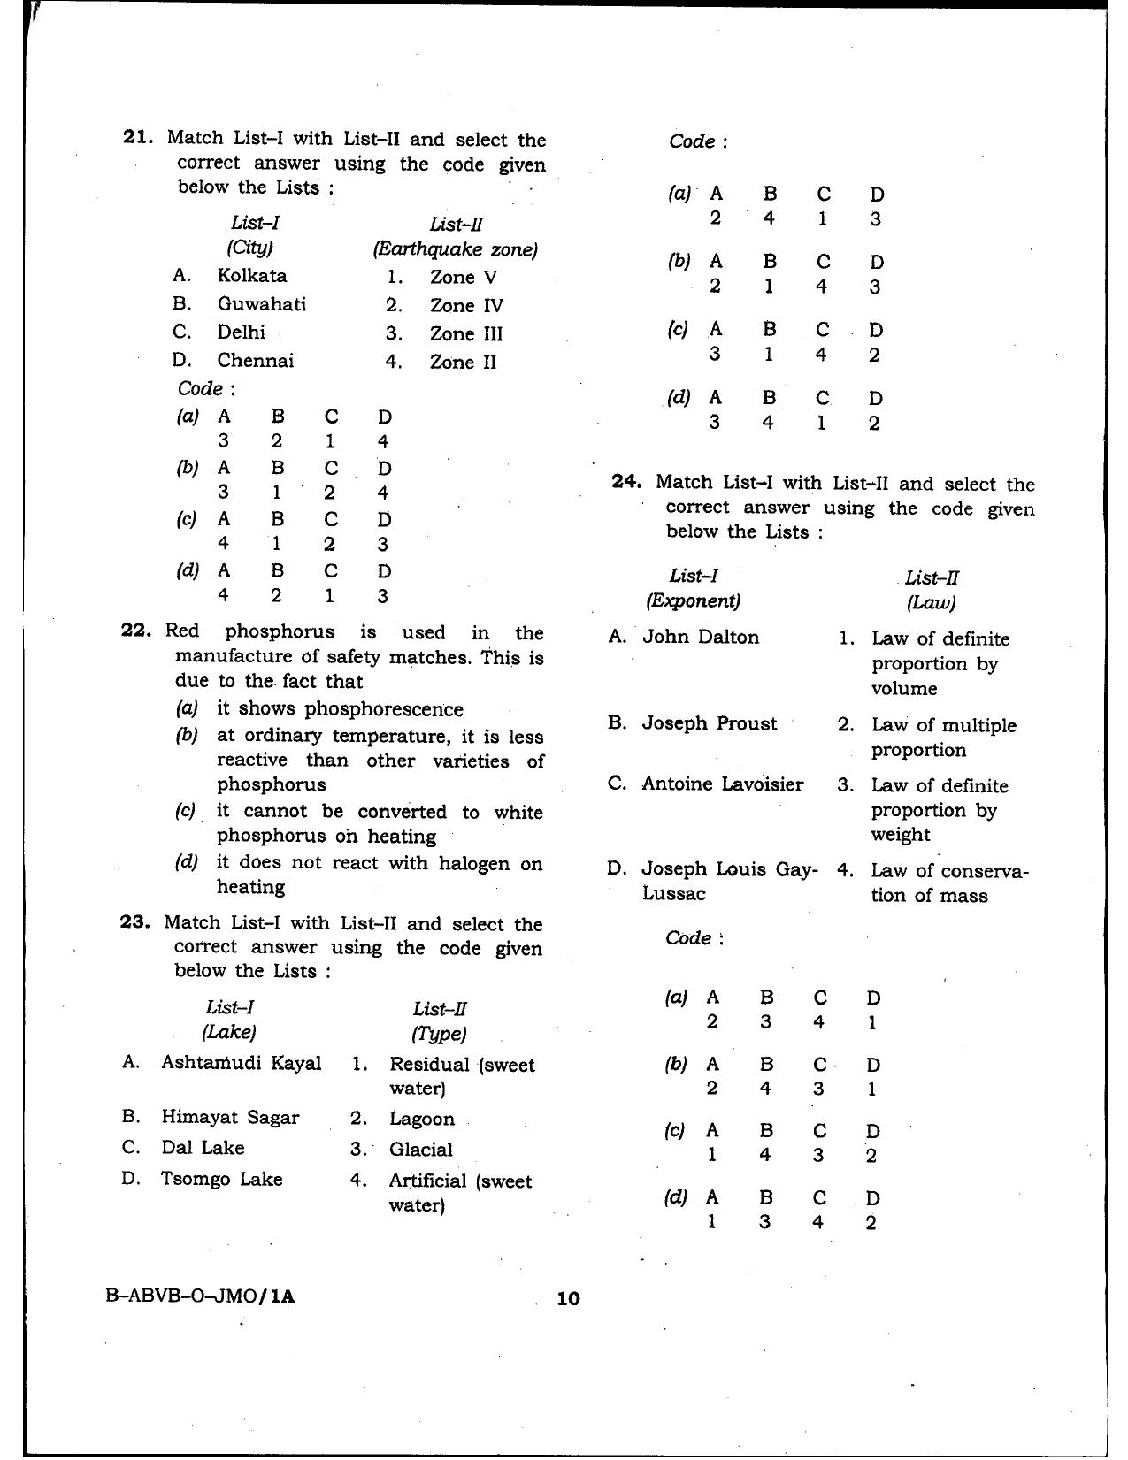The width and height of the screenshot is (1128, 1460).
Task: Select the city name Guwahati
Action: tap(262, 304)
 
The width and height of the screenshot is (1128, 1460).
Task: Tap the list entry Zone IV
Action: tap(466, 306)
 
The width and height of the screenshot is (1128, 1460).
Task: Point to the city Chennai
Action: tap(256, 361)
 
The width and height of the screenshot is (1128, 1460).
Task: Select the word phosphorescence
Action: tap(383, 709)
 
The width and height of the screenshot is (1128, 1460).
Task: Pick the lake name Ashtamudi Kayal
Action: tap(241, 1063)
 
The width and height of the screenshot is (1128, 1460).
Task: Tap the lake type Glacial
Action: tap(420, 1150)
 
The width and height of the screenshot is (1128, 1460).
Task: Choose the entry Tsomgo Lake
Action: tap(221, 1179)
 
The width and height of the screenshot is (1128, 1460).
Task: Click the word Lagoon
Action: tap(421, 1119)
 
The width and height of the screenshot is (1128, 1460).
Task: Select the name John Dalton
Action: tap(700, 637)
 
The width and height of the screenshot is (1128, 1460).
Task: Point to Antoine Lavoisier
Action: tap(722, 784)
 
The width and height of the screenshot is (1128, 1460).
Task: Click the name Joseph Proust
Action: tap(709, 723)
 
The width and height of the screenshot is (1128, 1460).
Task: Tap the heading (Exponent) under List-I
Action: tap(693, 601)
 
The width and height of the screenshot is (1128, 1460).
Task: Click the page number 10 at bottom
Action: tap(567, 1298)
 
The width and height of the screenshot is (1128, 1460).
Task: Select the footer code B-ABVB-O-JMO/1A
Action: tap(200, 1296)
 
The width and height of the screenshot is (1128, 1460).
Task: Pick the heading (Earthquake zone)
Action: tap(455, 249)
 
